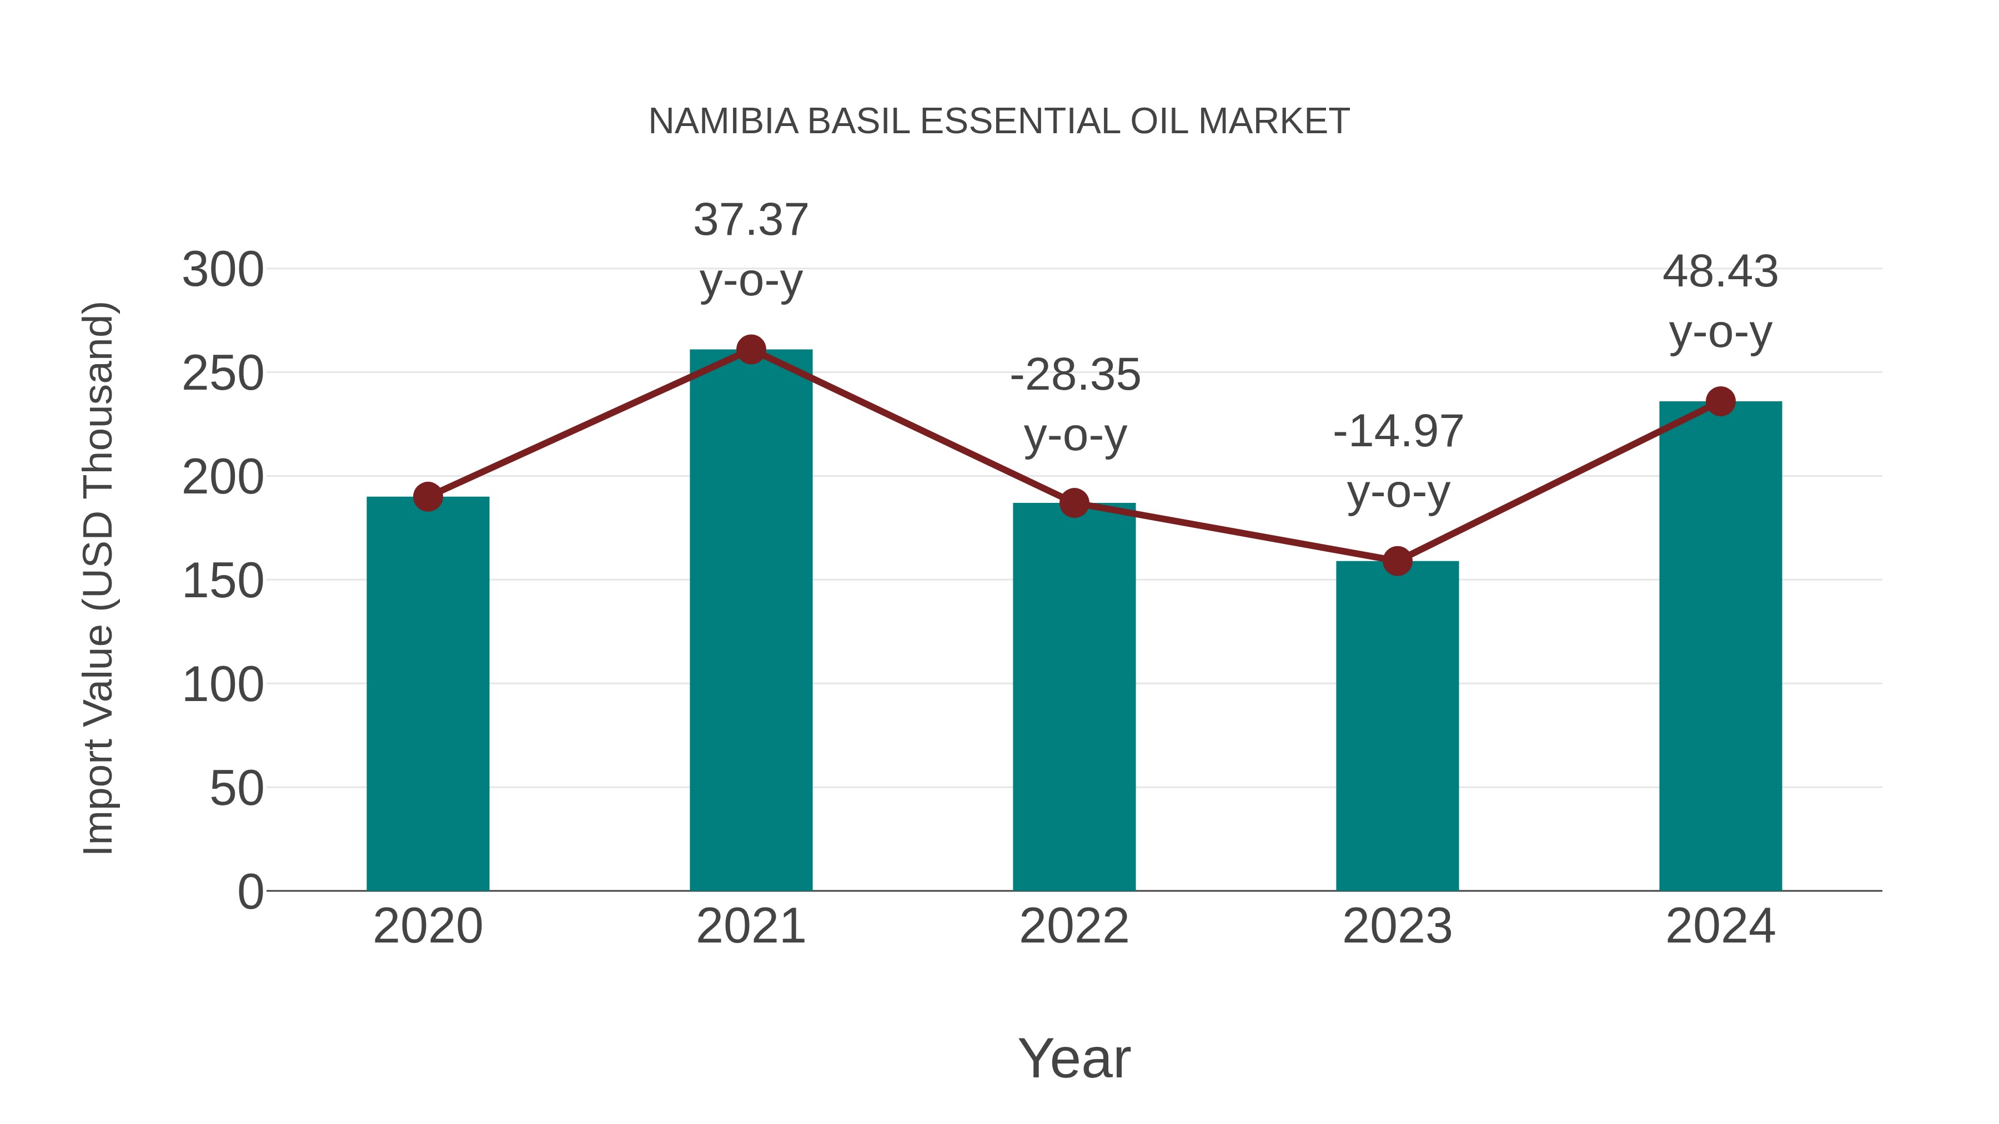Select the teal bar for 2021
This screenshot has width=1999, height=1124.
tap(750, 620)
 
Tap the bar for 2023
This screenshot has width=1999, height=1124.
tap(1397, 725)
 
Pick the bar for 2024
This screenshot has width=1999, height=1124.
tap(1720, 646)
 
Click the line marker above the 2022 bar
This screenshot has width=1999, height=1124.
tap(1074, 503)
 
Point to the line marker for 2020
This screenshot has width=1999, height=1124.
tap(428, 496)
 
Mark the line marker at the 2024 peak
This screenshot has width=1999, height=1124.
tap(1720, 402)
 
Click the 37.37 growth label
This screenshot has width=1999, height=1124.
tap(750, 220)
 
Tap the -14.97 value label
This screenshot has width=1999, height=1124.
tap(1398, 432)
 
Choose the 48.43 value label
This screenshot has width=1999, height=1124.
tap(1720, 273)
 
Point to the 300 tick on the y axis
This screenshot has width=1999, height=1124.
tap(223, 271)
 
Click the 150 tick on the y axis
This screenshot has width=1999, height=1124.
tap(223, 582)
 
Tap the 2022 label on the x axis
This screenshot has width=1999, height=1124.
tap(1074, 926)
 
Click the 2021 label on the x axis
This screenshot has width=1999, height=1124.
tap(750, 926)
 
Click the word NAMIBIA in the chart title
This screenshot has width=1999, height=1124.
tap(723, 122)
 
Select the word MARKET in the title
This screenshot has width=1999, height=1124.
tap(1273, 122)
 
